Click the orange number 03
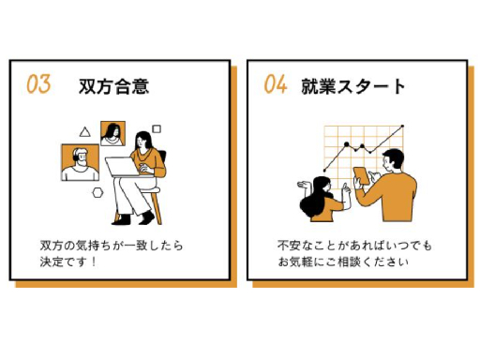pos(38,83)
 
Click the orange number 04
pos(276,84)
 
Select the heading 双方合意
pos(113,86)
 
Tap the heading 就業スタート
pos(353,86)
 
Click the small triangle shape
pos(84,132)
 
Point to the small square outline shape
pos(157,128)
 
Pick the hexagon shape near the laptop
pos(97,193)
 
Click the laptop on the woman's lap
pos(122,167)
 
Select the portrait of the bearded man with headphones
pos(80,162)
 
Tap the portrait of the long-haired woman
pos(112,133)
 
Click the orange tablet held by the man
pos(361,175)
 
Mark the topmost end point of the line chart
pos(402,127)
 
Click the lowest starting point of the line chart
pos(324,171)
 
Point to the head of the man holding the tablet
pos(394,160)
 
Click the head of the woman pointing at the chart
pos(322,186)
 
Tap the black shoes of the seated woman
pos(133,217)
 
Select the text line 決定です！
pos(68,262)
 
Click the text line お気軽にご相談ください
pos(343,262)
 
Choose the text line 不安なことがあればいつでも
pos(354,246)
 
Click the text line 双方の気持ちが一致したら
pos(112,246)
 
